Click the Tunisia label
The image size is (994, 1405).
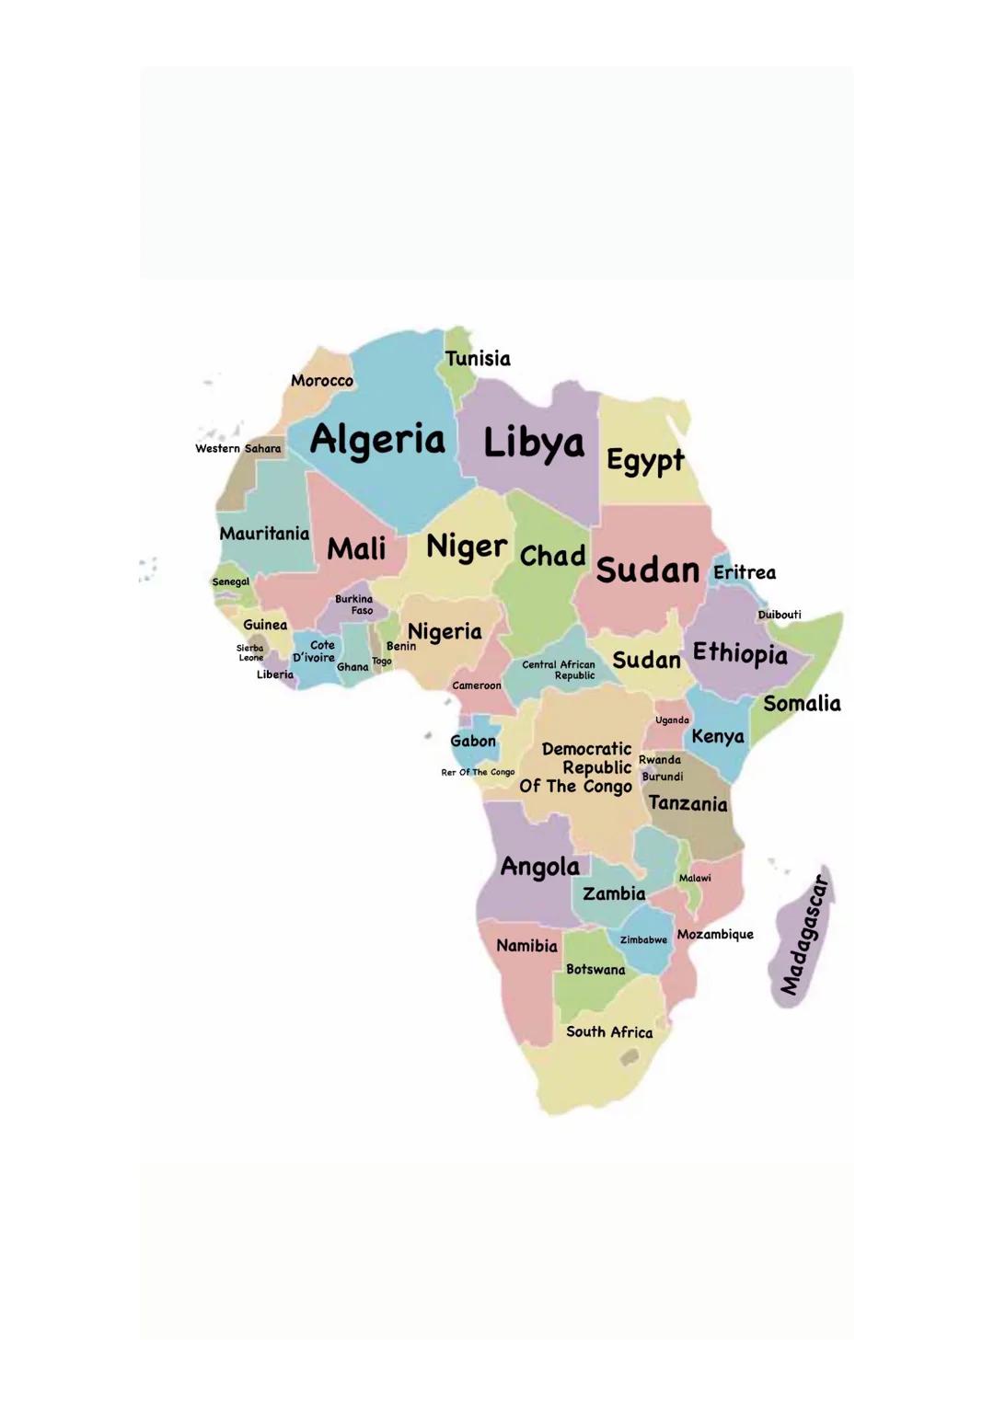point(478,359)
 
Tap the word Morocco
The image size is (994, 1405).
point(322,381)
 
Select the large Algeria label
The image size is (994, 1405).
point(377,440)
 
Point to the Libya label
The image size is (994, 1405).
point(534,443)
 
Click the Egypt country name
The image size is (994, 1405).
point(645,460)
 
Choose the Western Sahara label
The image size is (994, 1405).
point(237,449)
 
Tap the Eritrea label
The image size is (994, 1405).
point(745,572)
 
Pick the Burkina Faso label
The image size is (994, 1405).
point(354,605)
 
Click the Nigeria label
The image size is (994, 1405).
point(445,632)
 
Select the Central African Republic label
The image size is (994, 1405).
point(559,670)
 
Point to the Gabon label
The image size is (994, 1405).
point(473,741)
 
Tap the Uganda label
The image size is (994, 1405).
point(672,720)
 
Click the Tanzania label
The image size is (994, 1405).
point(688,803)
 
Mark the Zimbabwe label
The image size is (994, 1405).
point(643,940)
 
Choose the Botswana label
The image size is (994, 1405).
point(595,970)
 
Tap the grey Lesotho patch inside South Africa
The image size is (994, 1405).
point(630,1058)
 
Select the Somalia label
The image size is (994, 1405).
point(802,704)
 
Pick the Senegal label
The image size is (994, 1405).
point(230,582)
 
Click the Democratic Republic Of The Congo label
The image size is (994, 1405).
point(578,767)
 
